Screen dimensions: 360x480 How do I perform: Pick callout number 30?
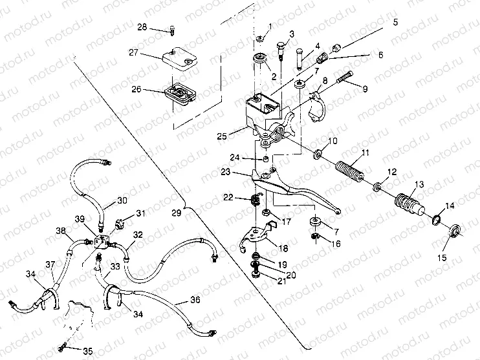pyautogui.click(x=122, y=200)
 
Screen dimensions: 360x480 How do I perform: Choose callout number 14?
pyautogui.click(x=449, y=205)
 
